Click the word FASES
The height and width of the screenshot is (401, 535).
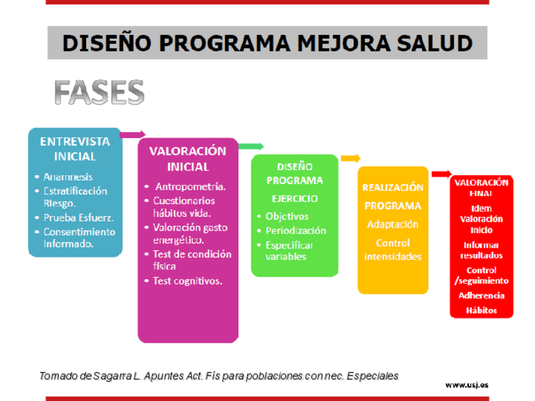click(x=99, y=92)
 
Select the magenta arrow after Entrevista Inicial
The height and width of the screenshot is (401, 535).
click(x=132, y=134)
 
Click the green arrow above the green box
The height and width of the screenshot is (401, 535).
click(x=251, y=147)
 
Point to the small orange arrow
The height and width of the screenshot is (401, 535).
click(x=351, y=158)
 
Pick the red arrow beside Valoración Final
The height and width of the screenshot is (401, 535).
click(x=442, y=174)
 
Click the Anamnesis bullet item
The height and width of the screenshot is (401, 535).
click(x=68, y=177)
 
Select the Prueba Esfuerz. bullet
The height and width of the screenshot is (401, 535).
click(x=78, y=218)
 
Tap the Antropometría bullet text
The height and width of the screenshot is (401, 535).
click(x=191, y=187)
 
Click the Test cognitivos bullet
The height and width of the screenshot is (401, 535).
click(x=187, y=281)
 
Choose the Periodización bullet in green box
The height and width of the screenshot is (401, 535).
click(x=296, y=231)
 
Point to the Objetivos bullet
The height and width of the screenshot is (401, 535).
click(x=287, y=216)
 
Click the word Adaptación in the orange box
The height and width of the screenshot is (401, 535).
click(x=392, y=224)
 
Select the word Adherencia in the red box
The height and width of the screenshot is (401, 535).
click(x=481, y=296)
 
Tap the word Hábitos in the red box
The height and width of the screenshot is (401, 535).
click(x=481, y=310)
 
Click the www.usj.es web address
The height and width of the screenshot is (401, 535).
click(x=467, y=385)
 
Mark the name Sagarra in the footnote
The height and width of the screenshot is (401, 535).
click(x=112, y=376)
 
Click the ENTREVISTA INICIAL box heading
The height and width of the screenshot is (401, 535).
click(x=75, y=149)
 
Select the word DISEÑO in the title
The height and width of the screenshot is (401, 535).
click(x=107, y=44)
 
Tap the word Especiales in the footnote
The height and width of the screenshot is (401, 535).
click(x=373, y=376)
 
